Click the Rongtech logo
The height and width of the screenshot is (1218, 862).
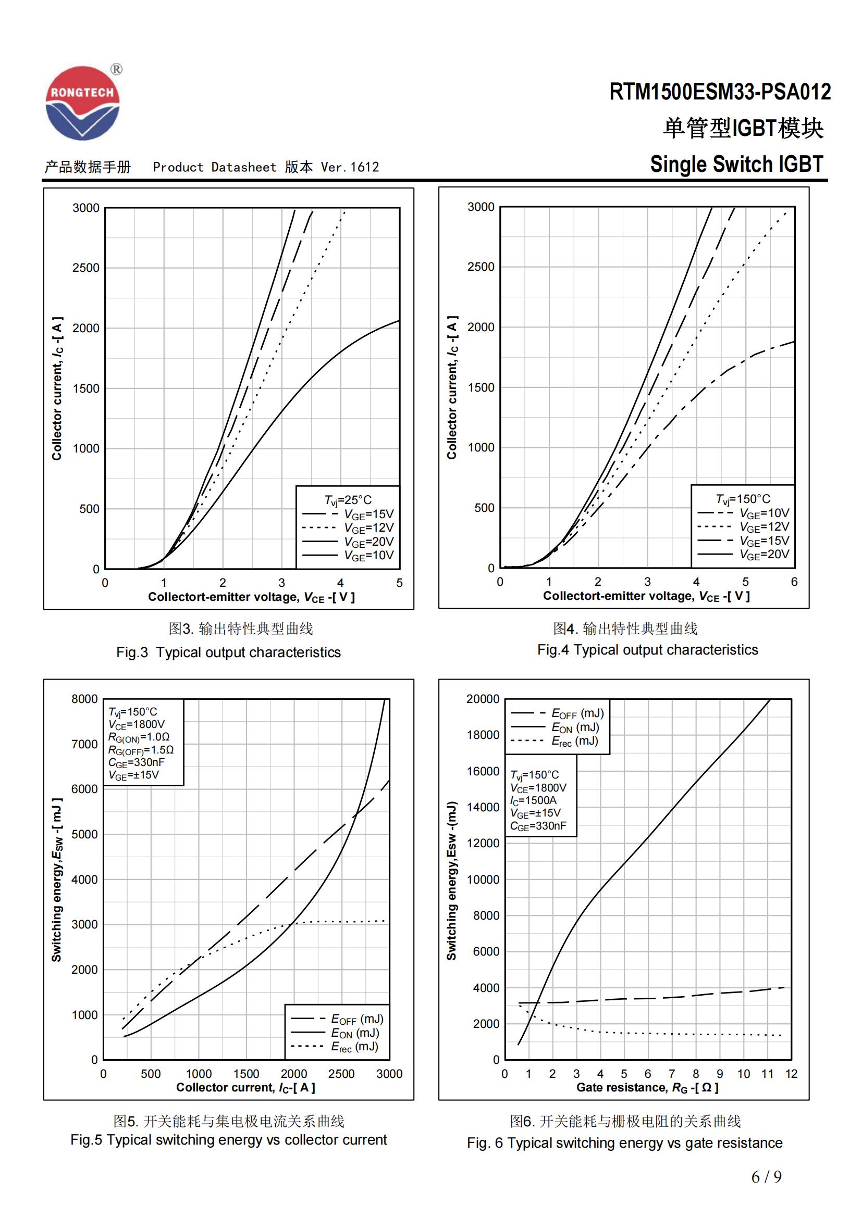(x=83, y=104)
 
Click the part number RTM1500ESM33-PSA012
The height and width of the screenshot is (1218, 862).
(x=720, y=92)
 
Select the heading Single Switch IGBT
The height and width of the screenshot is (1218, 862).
(x=736, y=165)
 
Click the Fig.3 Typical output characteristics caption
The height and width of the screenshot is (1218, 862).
(x=228, y=652)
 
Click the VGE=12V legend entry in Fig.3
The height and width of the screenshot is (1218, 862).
(x=368, y=528)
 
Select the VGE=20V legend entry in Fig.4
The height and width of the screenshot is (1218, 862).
(x=764, y=555)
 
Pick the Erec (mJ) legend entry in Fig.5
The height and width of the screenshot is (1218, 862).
(x=354, y=1047)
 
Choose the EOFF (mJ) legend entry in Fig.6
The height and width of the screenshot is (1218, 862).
(x=577, y=713)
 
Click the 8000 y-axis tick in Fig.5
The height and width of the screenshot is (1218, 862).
(x=84, y=699)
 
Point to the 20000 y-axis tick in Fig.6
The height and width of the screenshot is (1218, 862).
(x=483, y=699)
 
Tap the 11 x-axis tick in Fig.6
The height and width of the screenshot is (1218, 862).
(x=768, y=1074)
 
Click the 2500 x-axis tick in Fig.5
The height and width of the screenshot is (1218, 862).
(x=341, y=1074)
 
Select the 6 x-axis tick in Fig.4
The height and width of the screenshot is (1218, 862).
(x=794, y=582)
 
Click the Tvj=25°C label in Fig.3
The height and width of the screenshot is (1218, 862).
(x=348, y=500)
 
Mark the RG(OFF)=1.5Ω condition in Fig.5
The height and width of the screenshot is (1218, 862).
(x=141, y=750)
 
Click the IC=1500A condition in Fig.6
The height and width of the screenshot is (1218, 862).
(x=533, y=800)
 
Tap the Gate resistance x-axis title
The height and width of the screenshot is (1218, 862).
(x=647, y=1088)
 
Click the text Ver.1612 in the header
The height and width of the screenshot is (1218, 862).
(x=350, y=167)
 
